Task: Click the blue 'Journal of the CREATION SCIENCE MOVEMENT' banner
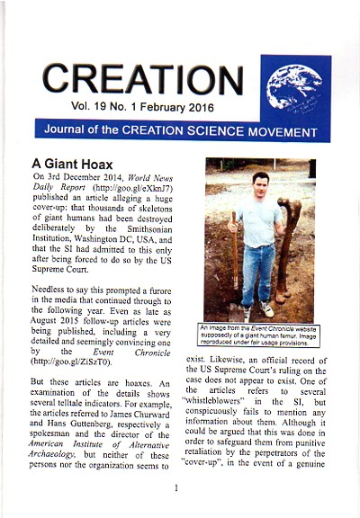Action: pos(180,129)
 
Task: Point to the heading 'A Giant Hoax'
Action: pos(74,165)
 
